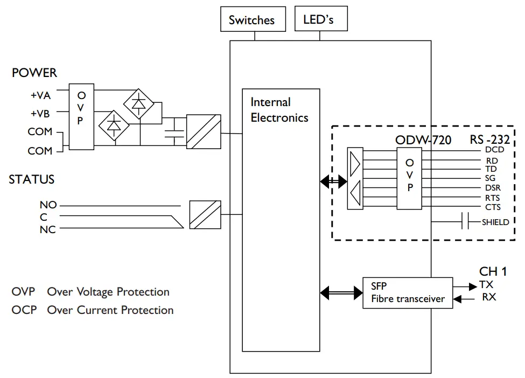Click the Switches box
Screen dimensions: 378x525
(251, 20)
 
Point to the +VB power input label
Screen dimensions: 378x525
(40, 114)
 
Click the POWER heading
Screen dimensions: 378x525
(34, 73)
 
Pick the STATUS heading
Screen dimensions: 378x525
(32, 179)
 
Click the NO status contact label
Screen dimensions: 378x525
(48, 205)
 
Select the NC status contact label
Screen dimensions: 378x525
(48, 230)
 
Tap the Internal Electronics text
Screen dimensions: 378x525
(279, 110)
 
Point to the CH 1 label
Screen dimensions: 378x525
(493, 271)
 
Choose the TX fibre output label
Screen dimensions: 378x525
(486, 284)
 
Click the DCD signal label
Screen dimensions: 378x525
(494, 150)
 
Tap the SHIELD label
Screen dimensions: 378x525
(495, 222)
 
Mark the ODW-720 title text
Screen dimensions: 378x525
(423, 140)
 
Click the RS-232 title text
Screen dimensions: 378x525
(489, 140)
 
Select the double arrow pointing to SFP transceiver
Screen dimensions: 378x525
(341, 292)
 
